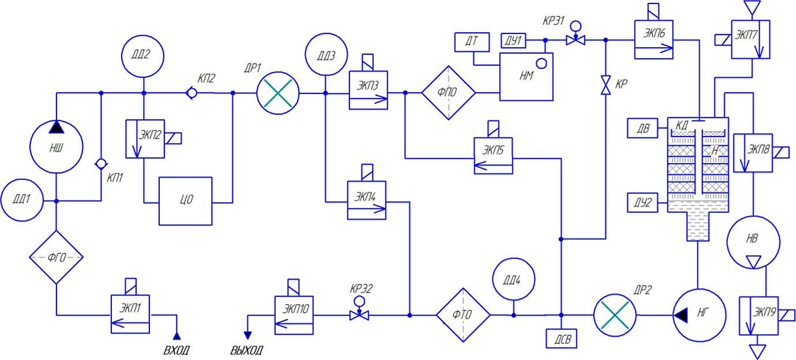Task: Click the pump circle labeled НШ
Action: tap(56, 148)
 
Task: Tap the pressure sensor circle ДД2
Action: tap(144, 56)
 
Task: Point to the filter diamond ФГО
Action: tap(56, 257)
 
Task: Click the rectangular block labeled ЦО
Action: tap(186, 200)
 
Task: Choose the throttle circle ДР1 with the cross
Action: tap(278, 92)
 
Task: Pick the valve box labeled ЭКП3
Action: tap(368, 91)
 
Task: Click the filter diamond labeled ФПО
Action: tap(448, 92)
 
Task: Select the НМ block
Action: tap(525, 77)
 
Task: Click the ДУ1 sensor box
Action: tap(513, 40)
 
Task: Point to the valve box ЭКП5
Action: tap(493, 156)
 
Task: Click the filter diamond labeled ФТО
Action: tap(463, 315)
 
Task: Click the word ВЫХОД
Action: tap(246, 350)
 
